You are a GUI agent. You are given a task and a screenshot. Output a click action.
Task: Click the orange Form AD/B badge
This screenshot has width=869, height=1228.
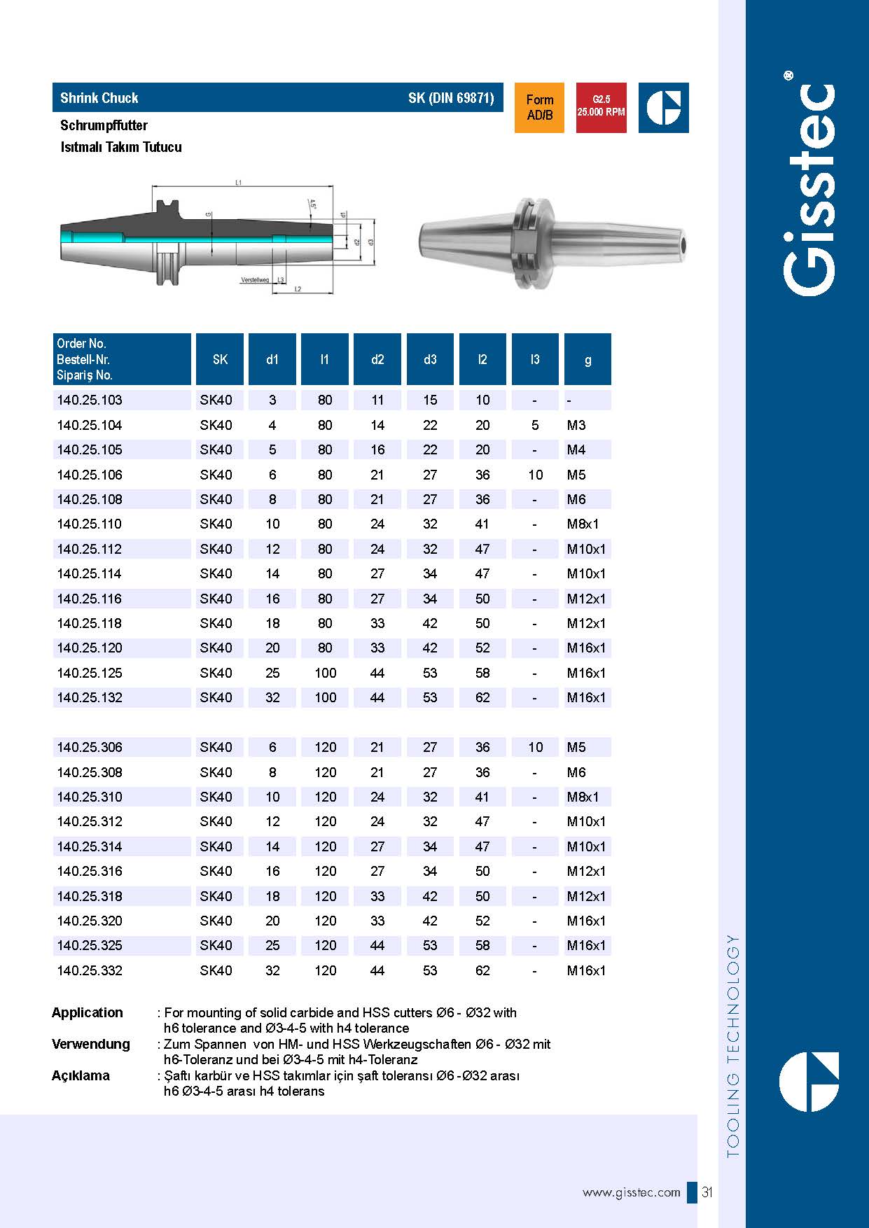tap(539, 108)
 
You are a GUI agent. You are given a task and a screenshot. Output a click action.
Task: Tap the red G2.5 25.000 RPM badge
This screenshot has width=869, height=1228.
tap(601, 108)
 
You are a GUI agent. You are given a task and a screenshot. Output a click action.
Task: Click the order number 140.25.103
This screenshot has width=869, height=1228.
tap(90, 400)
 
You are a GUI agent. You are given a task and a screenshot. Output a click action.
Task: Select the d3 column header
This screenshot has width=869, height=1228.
tap(430, 359)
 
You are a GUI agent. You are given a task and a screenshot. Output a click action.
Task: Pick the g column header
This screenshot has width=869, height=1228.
tap(588, 359)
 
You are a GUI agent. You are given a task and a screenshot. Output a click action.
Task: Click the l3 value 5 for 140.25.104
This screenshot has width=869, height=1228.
tap(535, 425)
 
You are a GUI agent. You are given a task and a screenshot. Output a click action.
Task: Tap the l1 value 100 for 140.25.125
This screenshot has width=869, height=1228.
tap(325, 673)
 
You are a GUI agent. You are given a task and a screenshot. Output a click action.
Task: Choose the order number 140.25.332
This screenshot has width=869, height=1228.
tap(90, 970)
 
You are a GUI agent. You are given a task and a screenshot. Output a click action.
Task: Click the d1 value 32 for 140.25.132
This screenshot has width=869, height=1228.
tap(272, 697)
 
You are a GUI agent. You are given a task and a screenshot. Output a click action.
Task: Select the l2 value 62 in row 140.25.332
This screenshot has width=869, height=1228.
tap(482, 970)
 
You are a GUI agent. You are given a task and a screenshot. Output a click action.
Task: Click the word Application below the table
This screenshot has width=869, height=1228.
tap(88, 1012)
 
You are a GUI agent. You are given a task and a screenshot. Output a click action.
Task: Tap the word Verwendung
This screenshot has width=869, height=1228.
tap(91, 1044)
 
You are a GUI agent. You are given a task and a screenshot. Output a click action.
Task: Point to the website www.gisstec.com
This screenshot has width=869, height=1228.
tap(631, 1192)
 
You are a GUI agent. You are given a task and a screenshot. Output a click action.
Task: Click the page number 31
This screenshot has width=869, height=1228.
tap(707, 1192)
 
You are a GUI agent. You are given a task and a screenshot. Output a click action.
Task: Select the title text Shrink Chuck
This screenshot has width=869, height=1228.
tap(99, 98)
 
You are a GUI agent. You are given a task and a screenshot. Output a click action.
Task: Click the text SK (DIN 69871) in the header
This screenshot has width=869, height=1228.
tap(451, 98)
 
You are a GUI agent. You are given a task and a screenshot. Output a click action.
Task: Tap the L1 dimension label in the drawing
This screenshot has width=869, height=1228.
tap(239, 183)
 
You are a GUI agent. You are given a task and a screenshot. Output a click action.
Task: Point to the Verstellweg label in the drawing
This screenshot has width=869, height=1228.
tap(255, 279)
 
